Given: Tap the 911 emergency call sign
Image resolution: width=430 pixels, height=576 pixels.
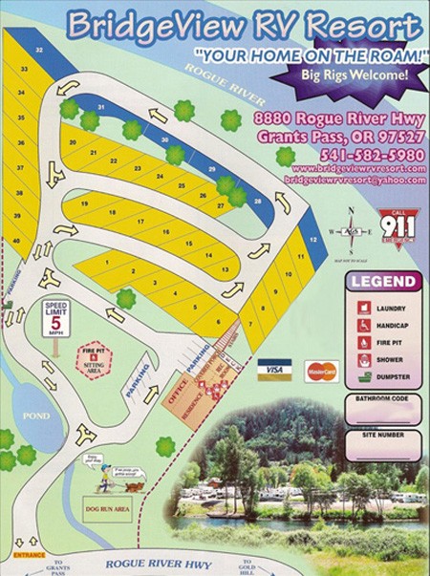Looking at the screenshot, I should click(396, 227).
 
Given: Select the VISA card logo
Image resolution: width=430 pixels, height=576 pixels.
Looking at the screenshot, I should click(274, 370).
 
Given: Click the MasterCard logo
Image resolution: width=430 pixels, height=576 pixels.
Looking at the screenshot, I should click(321, 370).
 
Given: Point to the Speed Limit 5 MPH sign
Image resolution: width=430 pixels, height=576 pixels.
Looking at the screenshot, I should click(55, 317).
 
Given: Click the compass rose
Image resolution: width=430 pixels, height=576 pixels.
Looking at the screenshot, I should click(354, 230).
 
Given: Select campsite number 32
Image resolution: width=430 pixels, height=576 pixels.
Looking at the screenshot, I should click(39, 49).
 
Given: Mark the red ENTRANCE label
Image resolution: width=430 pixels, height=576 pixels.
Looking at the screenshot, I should click(30, 554).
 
